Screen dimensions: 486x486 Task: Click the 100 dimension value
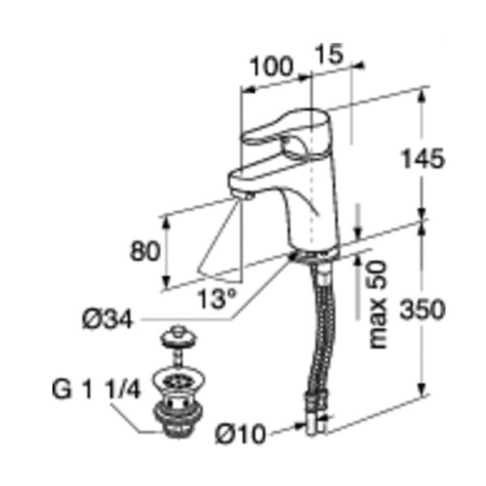click(271, 67)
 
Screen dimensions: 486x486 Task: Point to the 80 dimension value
click(145, 252)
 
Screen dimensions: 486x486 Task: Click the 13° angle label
click(217, 299)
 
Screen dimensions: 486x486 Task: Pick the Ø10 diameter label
click(241, 435)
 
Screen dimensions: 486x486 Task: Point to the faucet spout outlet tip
click(244, 195)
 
